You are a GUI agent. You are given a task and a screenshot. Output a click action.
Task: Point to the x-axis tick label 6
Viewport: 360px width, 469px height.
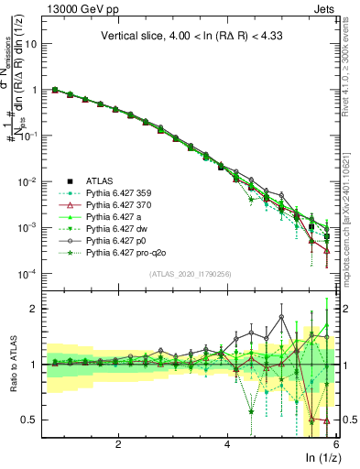click(x=336, y=443)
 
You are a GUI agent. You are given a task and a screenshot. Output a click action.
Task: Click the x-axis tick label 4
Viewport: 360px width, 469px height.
click(x=227, y=443)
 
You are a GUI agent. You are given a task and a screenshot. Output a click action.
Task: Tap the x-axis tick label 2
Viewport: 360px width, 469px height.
click(x=118, y=443)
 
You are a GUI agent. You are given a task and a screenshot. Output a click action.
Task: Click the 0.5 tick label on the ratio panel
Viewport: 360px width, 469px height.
click(x=30, y=420)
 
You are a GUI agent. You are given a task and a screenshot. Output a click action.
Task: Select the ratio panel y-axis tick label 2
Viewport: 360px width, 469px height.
click(x=35, y=309)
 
